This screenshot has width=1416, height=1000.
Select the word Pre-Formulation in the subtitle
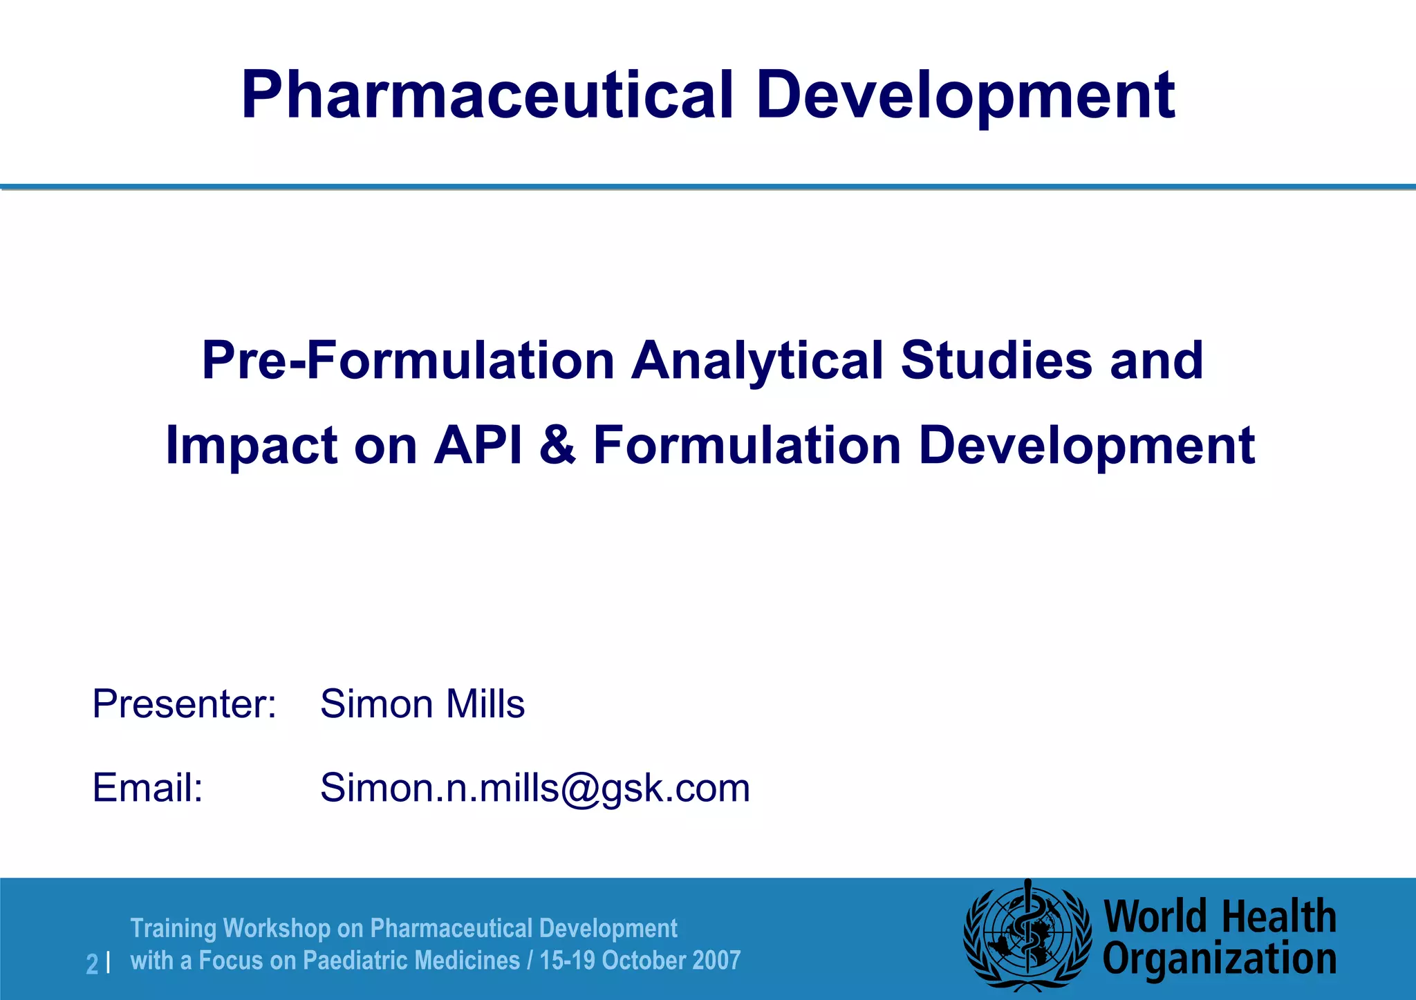pyautogui.click(x=408, y=361)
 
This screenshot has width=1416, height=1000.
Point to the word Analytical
pyautogui.click(x=757, y=361)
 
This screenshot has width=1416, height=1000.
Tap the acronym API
pyautogui.click(x=478, y=446)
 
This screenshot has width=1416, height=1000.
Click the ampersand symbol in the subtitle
pyautogui.click(x=557, y=446)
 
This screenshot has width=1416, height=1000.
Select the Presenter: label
pyautogui.click(x=185, y=704)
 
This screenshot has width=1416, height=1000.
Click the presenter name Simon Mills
pyautogui.click(x=422, y=704)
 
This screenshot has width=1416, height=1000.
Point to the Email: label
pyautogui.click(x=148, y=788)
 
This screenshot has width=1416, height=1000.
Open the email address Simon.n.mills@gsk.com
pyautogui.click(x=535, y=788)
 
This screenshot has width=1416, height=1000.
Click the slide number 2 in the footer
pyautogui.click(x=92, y=963)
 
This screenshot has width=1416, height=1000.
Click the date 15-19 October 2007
pyautogui.click(x=640, y=961)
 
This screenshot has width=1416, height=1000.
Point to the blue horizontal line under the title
pyautogui.click(x=708, y=187)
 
